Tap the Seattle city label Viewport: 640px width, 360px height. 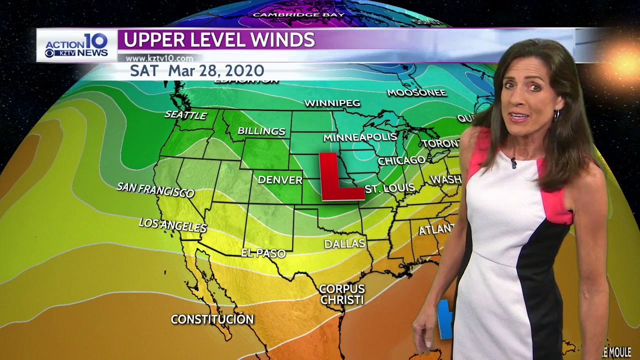185,115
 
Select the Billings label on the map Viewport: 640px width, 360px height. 261,131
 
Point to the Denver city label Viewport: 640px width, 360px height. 280,179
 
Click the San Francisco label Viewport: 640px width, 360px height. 155,190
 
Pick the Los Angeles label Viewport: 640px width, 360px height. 172,225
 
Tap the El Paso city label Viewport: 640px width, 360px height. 263,253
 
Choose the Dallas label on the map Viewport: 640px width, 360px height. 344,243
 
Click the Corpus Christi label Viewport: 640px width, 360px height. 342,294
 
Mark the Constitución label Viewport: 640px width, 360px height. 212,319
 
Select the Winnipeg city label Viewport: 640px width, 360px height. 332,103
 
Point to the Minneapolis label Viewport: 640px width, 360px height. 359,137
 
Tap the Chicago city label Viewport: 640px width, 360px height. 401,160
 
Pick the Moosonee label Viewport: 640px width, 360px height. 416,92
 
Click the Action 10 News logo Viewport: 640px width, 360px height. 76,45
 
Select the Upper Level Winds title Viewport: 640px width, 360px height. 219,40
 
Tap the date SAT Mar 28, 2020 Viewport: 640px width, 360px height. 197,70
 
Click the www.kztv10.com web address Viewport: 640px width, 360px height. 159,58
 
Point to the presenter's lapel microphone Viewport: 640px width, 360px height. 513,162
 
